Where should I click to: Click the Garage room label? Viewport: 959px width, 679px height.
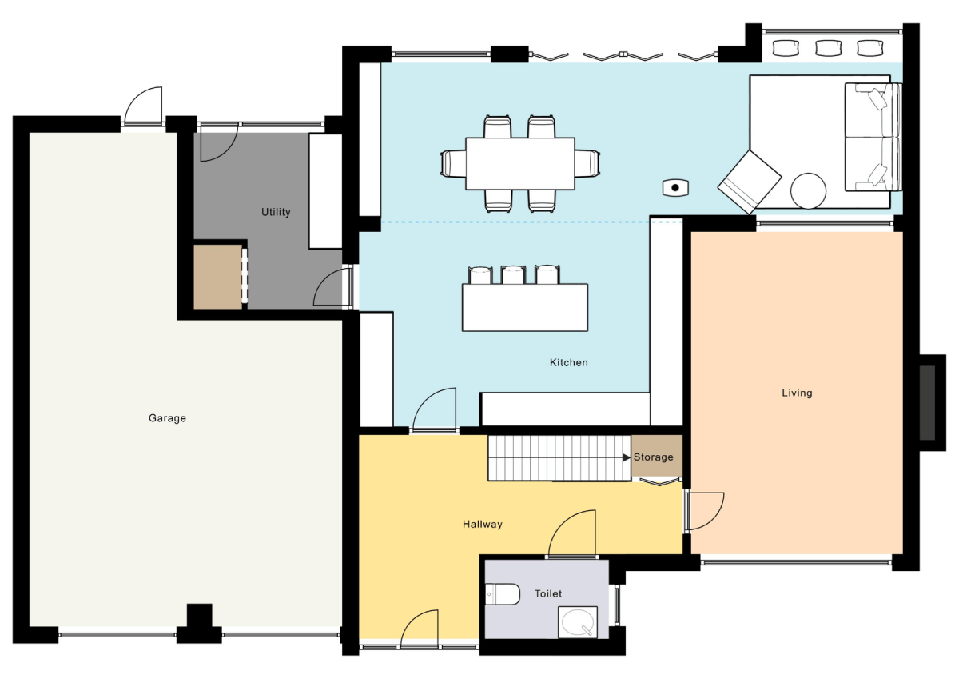(167, 418)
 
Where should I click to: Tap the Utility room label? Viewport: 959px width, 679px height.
(276, 212)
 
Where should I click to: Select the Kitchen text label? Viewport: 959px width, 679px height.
(568, 363)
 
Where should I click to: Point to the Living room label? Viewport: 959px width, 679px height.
(797, 393)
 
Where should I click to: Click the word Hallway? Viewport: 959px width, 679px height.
(482, 525)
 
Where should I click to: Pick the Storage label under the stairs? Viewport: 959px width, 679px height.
(654, 457)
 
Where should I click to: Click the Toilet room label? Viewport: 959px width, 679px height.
(549, 594)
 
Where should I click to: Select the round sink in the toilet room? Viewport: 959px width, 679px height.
(577, 621)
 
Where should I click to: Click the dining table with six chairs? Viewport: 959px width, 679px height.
(520, 163)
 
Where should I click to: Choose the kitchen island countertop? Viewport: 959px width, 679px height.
(525, 308)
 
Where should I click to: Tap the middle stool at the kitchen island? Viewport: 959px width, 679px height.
(513, 275)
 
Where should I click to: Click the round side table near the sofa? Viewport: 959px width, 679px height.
(809, 191)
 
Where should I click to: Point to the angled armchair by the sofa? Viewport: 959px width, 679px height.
(749, 181)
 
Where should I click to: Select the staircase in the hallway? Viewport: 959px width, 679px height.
(559, 457)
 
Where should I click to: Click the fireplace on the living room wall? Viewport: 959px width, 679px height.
(927, 402)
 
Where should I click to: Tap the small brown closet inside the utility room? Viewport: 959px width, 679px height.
(217, 277)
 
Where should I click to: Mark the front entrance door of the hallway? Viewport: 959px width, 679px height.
(419, 629)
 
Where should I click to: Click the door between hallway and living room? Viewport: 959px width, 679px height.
(703, 511)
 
